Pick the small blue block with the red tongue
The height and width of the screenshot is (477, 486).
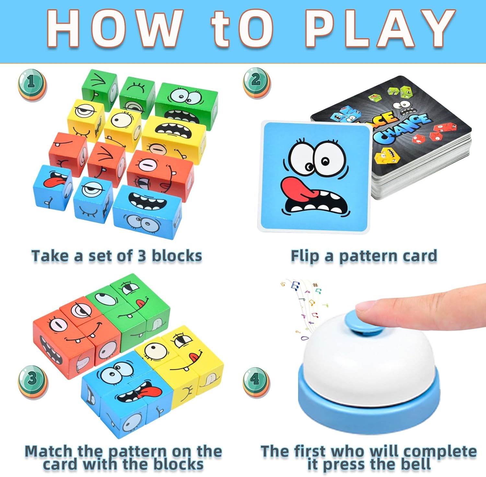tap(52, 187)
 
